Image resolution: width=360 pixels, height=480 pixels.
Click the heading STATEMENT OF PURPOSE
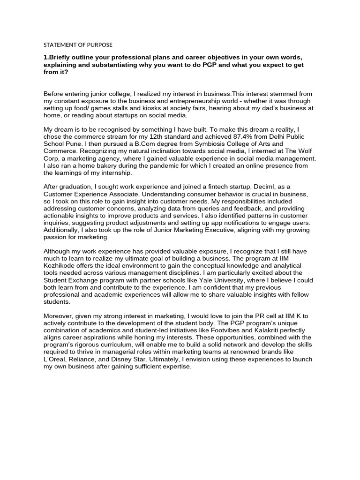coord(78,45)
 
